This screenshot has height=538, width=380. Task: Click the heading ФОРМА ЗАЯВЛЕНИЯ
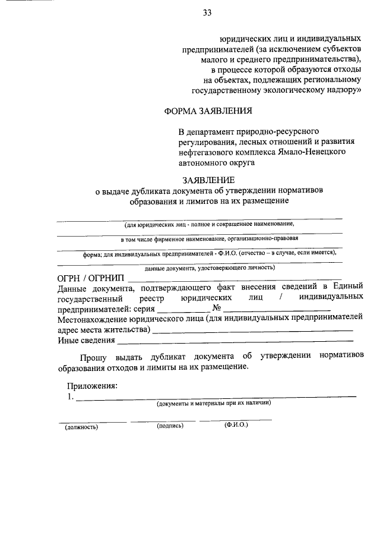point(208,110)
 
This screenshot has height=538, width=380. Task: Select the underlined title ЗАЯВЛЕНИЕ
point(208,180)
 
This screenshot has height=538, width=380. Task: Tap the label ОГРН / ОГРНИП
point(91,278)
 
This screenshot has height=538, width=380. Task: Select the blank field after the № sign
point(277,310)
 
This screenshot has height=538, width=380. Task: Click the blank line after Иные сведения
point(235,341)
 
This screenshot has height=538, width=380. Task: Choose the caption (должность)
point(81,426)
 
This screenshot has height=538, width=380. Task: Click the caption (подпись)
point(170,426)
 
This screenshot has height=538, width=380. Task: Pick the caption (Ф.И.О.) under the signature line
point(236,426)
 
